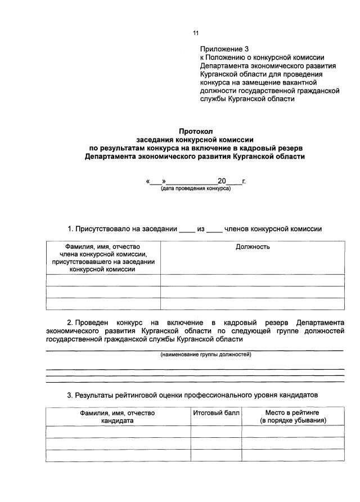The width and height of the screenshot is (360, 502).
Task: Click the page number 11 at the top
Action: coord(195,33)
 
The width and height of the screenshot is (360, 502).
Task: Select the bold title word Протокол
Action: coord(195,131)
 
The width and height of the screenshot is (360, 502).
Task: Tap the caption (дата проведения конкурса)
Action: coord(195,189)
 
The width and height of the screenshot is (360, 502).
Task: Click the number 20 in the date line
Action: coord(222,181)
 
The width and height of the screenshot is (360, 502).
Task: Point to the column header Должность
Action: coord(253,247)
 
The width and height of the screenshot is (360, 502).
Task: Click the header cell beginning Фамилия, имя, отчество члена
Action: coord(102,258)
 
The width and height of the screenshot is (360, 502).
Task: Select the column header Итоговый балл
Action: coord(216,413)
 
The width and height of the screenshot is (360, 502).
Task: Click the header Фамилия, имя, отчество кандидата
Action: coord(118,417)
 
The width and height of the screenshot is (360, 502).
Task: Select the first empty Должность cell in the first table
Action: coord(253,280)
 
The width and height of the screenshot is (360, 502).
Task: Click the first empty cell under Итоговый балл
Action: coord(216,432)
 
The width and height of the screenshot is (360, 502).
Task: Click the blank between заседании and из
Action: coord(186,230)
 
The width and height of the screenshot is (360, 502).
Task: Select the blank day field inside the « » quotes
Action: coord(156,181)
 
